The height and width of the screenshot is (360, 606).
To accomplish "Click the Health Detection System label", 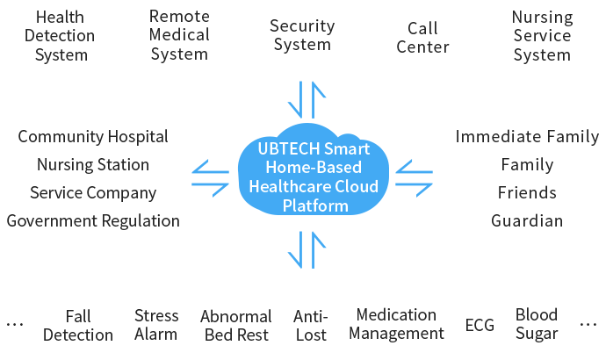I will tap(60, 36).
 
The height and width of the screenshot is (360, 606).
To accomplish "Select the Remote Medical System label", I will tap(179, 35).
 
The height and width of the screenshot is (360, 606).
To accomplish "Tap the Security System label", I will tap(301, 35).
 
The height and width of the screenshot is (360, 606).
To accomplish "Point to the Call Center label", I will tap(422, 38).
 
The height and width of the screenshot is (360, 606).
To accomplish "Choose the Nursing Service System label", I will tap(542, 36).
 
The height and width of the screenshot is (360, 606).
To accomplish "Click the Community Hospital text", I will tap(93, 136).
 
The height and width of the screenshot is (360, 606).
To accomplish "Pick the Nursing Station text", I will tap(93, 164).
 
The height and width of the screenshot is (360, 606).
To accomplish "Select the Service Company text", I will tap(93, 192).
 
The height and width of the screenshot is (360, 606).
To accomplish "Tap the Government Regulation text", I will tap(93, 220).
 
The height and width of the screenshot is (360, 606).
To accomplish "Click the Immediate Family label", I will tap(527, 136).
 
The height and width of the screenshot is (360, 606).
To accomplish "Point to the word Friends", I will tap(527, 192).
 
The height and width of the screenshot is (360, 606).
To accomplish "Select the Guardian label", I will tap(527, 220).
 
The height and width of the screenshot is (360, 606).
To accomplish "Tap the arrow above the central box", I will tap(309, 99).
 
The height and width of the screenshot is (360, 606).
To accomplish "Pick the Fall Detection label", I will tap(78, 325).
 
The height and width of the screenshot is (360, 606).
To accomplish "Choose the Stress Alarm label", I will tap(156, 324).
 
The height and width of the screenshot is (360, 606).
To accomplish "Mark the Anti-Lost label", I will tap(311, 325).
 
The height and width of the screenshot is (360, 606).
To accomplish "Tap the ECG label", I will tap(480, 326).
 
